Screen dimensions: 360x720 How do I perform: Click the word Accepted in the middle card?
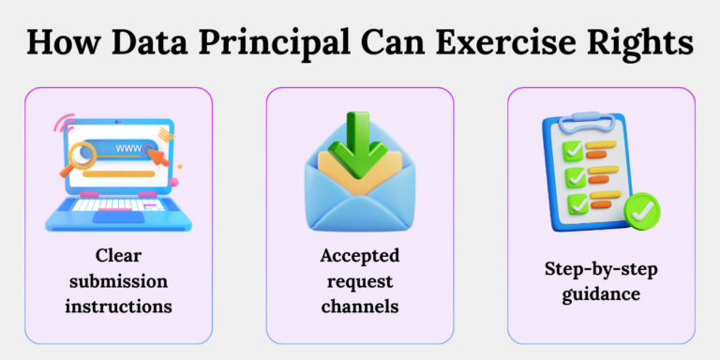click(x=360, y=255)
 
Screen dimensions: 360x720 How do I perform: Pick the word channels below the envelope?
click(x=360, y=306)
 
